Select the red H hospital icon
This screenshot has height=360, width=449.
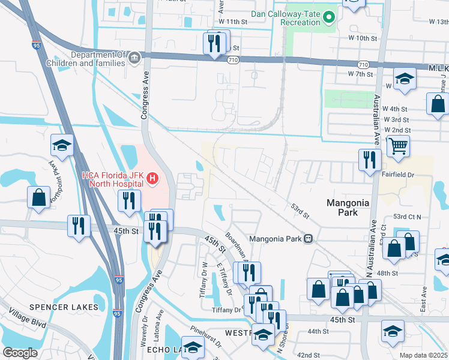pos(152,178)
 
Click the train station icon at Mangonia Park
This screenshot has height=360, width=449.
pos(308,238)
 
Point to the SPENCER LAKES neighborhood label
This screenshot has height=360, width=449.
pos(64,307)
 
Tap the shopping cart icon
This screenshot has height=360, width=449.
pos(398,145)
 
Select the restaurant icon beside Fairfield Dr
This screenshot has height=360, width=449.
pos(369,160)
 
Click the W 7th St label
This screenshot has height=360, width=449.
pos(361,74)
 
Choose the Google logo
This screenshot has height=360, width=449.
pos(20,353)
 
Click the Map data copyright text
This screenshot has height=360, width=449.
pos(424,355)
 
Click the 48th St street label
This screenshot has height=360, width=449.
pos(387,273)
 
